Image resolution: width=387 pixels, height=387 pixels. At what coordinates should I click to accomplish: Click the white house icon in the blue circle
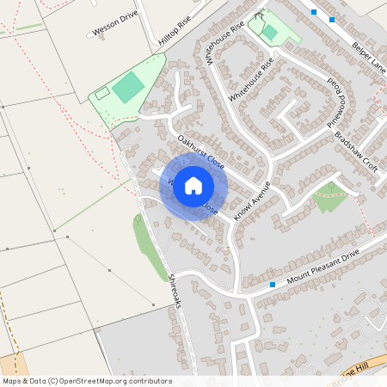coord(193,185)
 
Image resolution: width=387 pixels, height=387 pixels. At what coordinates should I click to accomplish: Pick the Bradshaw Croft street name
coord(357,150)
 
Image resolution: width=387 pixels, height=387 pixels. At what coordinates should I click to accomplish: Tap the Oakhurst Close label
coord(200,150)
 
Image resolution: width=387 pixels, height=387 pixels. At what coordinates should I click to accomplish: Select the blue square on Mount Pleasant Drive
coord(273,284)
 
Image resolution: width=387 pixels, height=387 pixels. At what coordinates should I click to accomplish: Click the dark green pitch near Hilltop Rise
coord(127,87)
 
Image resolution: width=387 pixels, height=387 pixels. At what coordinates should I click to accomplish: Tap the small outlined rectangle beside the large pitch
coord(101,92)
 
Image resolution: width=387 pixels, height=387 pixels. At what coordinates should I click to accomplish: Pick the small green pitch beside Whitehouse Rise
coord(269,32)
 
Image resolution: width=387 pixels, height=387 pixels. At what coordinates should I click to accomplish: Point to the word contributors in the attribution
coord(149,381)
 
